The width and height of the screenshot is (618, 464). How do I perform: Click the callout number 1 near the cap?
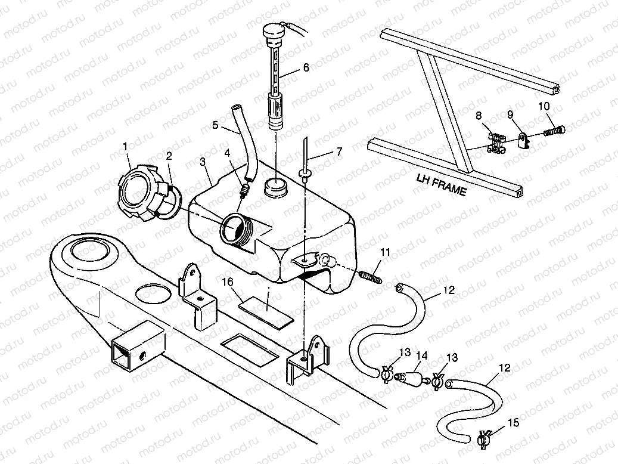point(126,147)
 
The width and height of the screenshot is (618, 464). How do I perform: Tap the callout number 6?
point(306,67)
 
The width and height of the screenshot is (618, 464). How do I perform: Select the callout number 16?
point(228,282)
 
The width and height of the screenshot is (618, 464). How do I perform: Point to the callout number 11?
point(386,252)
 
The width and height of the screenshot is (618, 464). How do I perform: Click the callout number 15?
point(514,423)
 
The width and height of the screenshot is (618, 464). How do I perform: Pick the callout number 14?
point(422,356)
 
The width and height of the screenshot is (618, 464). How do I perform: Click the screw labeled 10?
point(555,129)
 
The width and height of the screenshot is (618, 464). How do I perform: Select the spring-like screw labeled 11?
point(371,277)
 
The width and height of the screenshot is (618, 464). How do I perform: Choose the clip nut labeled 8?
point(497,143)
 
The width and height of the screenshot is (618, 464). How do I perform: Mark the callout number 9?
point(510,115)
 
